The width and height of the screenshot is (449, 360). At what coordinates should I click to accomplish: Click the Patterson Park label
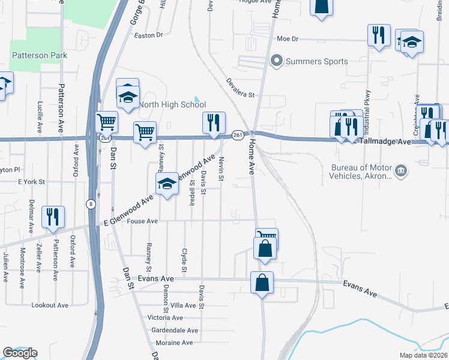pos(39,55)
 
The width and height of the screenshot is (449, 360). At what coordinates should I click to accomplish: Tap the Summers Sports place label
pos(316,61)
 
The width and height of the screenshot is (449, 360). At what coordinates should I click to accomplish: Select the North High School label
pos(172,104)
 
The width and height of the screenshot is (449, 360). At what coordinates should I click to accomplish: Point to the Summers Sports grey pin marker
pos(277,61)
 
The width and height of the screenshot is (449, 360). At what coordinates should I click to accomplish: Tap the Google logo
pos(20,353)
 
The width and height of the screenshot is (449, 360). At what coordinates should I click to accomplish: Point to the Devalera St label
pos(241,88)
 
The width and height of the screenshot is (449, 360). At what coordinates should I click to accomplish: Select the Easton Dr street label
pos(149,35)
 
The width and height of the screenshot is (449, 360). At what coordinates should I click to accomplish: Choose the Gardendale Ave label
pos(175,331)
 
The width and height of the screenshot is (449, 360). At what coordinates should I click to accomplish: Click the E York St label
pos(32,181)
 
